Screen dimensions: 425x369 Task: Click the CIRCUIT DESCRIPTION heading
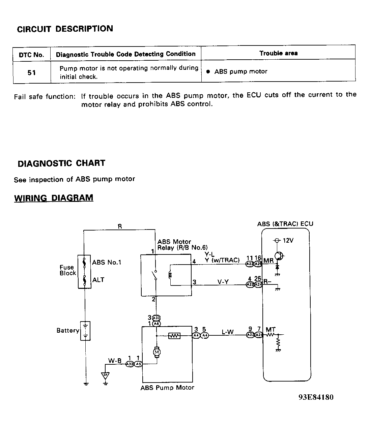click(65, 29)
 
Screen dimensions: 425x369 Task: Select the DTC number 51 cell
click(32, 72)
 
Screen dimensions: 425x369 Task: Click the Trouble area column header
click(278, 53)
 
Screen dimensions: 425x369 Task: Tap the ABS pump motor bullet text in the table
click(240, 71)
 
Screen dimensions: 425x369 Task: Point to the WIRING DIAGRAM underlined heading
click(54, 198)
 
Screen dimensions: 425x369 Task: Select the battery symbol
click(86, 331)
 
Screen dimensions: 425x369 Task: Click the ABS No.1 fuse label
click(107, 262)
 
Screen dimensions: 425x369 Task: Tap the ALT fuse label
click(98, 280)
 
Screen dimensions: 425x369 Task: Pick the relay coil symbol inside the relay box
click(170, 275)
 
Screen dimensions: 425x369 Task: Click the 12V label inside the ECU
click(288, 241)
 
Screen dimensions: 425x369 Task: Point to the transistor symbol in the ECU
click(279, 256)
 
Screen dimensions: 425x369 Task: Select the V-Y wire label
click(223, 282)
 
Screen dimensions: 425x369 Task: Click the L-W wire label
click(228, 332)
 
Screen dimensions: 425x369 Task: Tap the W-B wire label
click(115, 361)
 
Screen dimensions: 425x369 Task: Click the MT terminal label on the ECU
click(271, 330)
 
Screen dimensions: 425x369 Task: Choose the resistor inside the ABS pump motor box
click(174, 336)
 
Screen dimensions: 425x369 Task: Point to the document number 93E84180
click(316, 397)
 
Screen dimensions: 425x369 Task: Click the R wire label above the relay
click(120, 226)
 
